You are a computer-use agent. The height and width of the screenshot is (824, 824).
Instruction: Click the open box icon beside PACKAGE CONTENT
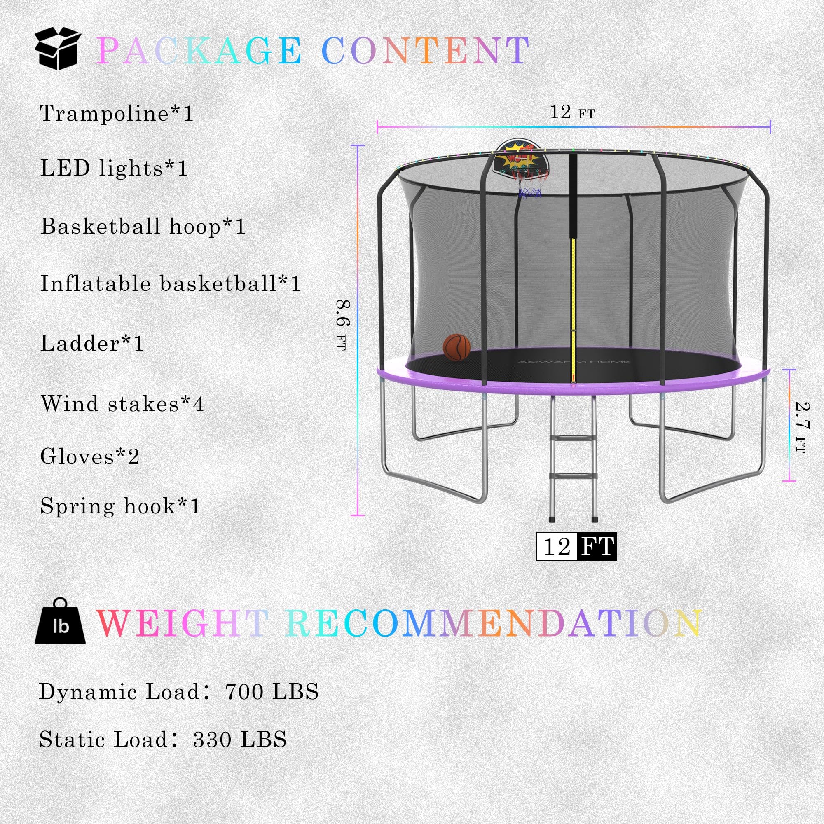(58, 49)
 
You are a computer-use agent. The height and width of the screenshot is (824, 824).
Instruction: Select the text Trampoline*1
(117, 113)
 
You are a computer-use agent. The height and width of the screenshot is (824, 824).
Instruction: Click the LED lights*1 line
(114, 168)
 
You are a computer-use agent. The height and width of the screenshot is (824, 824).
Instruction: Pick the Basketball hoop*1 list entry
(143, 226)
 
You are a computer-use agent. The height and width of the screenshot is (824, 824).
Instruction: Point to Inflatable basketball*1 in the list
(171, 283)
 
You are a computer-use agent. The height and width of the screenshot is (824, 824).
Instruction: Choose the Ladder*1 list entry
(92, 343)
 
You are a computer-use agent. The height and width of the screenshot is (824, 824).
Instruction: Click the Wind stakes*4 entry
(122, 403)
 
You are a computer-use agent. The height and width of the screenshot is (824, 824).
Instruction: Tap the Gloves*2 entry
(89, 456)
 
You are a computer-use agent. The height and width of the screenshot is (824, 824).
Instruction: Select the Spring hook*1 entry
(120, 506)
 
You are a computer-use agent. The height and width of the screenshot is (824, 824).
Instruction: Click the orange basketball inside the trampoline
(456, 347)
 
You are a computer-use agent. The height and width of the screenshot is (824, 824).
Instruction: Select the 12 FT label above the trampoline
(572, 112)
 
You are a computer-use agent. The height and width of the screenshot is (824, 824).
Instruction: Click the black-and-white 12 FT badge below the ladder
(576, 546)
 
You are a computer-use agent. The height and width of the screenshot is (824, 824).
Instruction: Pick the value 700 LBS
(272, 692)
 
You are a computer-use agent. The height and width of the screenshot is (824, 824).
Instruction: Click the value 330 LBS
(240, 740)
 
